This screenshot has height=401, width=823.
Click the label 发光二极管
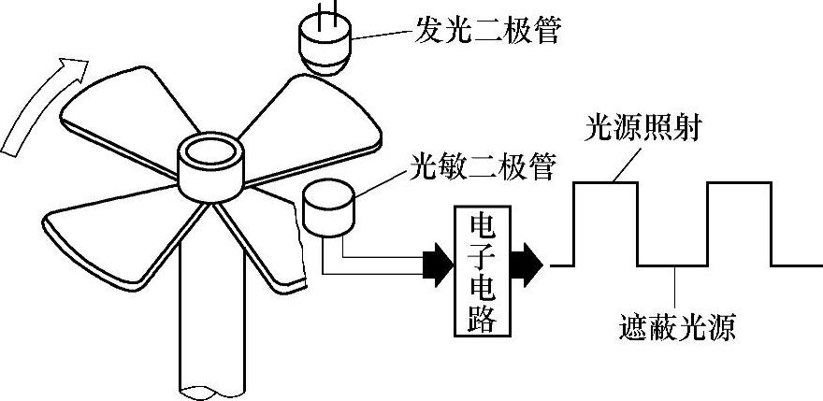click(486, 33)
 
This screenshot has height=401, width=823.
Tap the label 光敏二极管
click(484, 167)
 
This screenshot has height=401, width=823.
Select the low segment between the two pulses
click(672, 265)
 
